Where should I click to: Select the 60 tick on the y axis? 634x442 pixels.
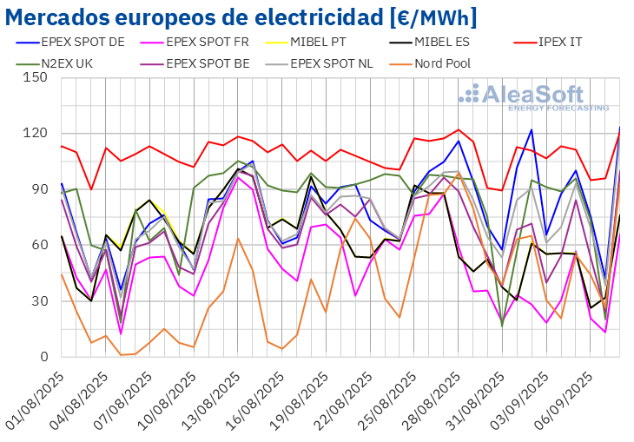[x=39, y=245]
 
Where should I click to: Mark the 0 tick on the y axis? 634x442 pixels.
[x=43, y=357]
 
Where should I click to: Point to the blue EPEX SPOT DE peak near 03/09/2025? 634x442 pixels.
[x=531, y=130]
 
